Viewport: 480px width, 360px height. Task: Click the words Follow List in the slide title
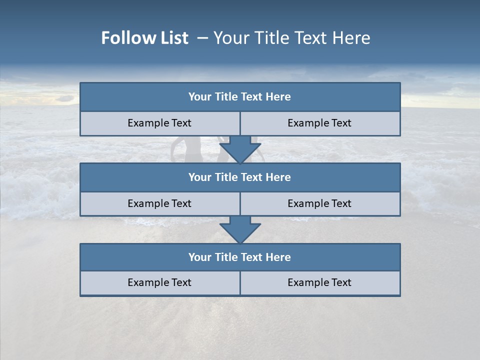coord(144,38)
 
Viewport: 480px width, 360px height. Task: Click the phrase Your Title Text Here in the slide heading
coord(291,38)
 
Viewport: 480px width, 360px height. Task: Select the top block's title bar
coord(240,97)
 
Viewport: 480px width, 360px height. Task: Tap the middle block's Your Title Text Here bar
coord(240,177)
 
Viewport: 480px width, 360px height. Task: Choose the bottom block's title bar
coord(240,257)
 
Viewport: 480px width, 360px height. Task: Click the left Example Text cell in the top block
coord(159,123)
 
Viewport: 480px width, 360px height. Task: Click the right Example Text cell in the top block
coord(319,123)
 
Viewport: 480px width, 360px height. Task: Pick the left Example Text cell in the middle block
coord(159,203)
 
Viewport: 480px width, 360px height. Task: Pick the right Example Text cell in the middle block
coord(319,203)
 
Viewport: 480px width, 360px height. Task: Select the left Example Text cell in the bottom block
coord(159,282)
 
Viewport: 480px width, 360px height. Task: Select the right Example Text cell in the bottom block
coord(319,282)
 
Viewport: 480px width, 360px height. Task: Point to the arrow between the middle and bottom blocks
coord(240,229)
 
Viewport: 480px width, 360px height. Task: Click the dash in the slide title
coord(202,38)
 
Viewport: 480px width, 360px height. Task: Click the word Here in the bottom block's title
coord(278,257)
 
